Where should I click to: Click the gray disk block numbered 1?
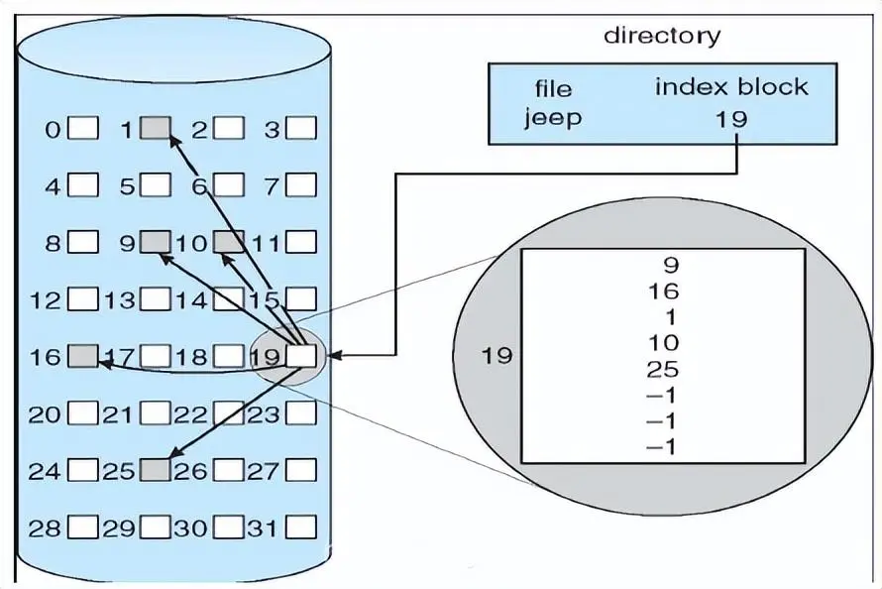(155, 128)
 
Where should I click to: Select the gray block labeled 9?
(155, 241)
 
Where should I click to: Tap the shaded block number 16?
(84, 355)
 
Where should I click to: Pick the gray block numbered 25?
(155, 470)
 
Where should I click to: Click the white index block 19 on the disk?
(301, 355)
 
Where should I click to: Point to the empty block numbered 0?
(84, 128)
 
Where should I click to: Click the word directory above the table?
(662, 37)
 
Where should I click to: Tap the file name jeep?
(553, 118)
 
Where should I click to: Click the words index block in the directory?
(730, 86)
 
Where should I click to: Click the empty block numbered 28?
(84, 526)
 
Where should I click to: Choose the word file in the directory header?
(553, 88)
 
